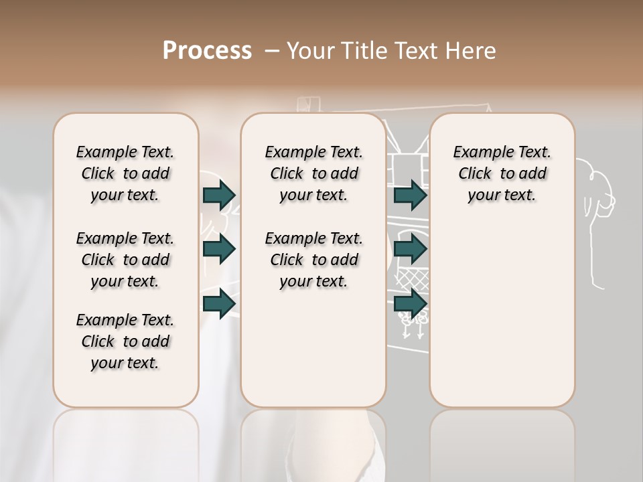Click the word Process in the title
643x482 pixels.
pyautogui.click(x=207, y=51)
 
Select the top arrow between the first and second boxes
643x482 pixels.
pyautogui.click(x=219, y=195)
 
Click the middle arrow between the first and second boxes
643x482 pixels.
pyautogui.click(x=219, y=250)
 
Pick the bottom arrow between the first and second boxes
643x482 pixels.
pyautogui.click(x=219, y=304)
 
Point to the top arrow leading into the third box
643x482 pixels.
pyautogui.click(x=410, y=195)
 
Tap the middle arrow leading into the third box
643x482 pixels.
pyautogui.click(x=410, y=250)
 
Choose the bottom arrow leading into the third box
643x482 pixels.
pyautogui.click(x=410, y=304)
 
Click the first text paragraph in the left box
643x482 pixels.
pyautogui.click(x=125, y=173)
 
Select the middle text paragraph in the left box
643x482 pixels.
pyautogui.click(x=125, y=260)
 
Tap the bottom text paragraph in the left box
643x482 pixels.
pyautogui.click(x=125, y=341)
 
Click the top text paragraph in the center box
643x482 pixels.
pyautogui.click(x=314, y=173)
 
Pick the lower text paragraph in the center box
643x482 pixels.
pyautogui.click(x=314, y=260)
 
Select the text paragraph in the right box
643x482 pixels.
pyautogui.click(x=502, y=173)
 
